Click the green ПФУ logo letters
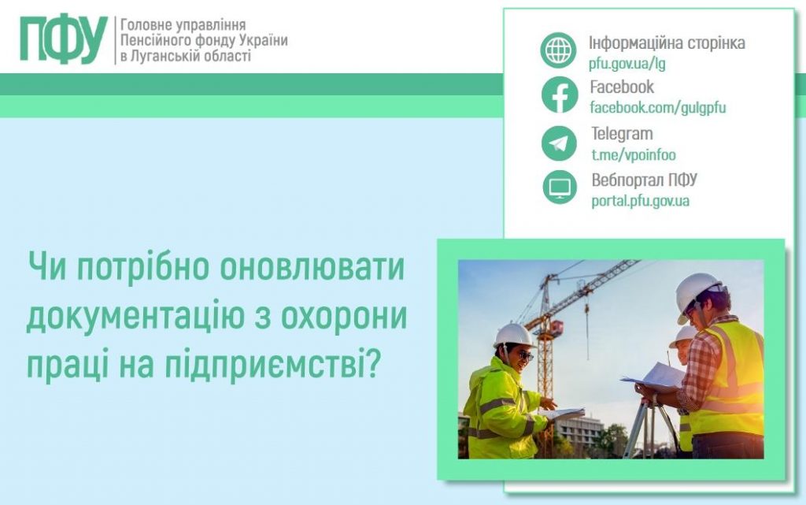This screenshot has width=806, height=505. coord(63,39)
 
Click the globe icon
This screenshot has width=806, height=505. coord(559,50)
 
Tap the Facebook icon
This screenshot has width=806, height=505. coord(559,96)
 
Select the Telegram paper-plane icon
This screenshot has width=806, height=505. coord(559,143)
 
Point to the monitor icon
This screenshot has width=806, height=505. coord(560,188)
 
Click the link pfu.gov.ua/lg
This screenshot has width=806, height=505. coord(627,64)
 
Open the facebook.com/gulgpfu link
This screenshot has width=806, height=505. coord(657,109)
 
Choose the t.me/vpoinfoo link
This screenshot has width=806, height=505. coord(633,155)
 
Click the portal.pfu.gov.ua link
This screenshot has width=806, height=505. coord(640,201)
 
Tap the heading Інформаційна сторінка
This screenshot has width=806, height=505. coord(667,43)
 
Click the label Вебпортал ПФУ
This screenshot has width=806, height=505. coord(644,180)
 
